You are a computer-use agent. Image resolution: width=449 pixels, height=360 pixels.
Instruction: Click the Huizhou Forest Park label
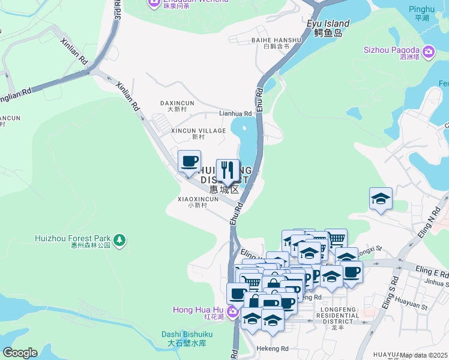tap(73, 238)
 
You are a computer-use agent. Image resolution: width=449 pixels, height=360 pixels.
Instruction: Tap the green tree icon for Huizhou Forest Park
tap(119, 240)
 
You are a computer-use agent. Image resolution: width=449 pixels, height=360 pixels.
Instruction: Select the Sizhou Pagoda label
tap(391, 50)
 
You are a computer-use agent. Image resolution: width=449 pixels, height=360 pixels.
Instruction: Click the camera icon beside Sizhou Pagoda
tap(428, 52)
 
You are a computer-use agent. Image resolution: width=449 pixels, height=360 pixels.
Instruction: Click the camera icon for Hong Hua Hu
tap(232, 313)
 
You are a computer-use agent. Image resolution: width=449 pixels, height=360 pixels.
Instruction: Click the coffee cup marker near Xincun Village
tap(189, 161)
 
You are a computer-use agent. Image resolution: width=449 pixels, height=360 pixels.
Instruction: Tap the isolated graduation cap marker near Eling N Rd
tap(381, 199)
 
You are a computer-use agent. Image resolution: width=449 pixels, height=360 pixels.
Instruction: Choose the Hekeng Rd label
tap(273, 349)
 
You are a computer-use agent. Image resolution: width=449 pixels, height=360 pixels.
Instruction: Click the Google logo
tap(20, 352)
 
